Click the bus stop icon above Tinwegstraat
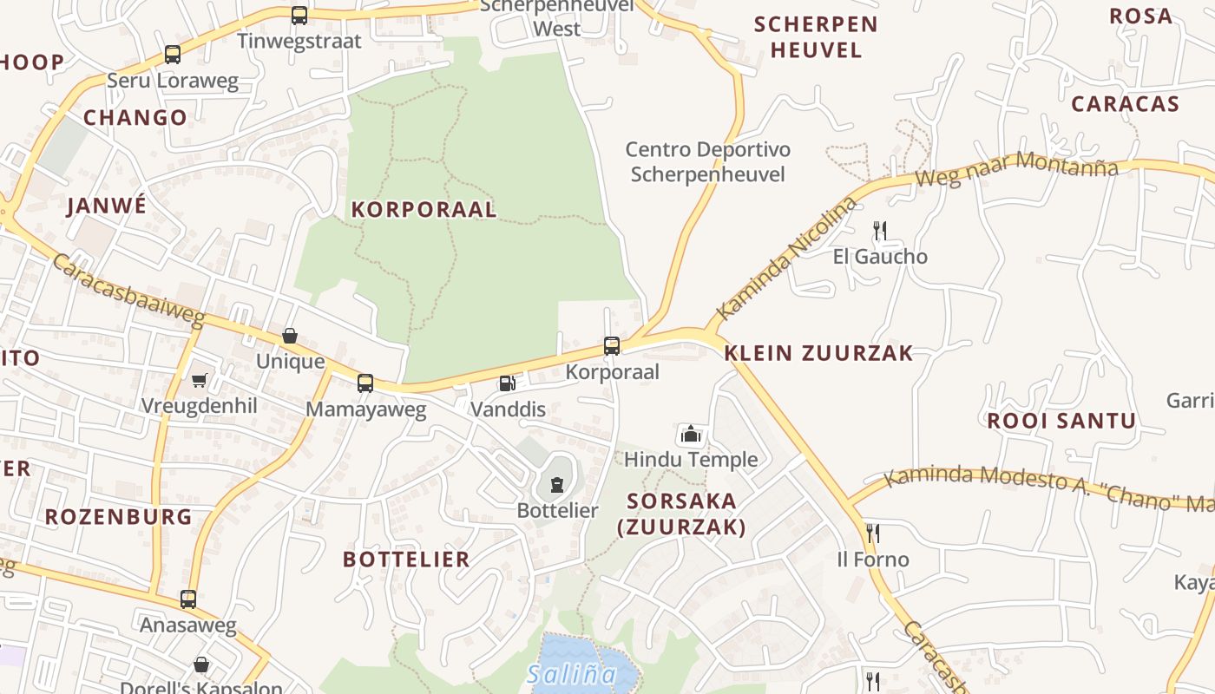point(299,15)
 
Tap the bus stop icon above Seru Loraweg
point(173,55)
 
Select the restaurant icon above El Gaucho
point(880,230)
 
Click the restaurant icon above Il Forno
point(872,533)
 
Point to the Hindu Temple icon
point(690,433)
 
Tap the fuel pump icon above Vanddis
point(507,383)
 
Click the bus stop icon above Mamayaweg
point(365,383)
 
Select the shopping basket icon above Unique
point(290,336)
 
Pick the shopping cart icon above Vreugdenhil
point(200,380)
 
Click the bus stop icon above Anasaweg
point(188,599)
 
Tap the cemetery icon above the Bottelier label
point(557,484)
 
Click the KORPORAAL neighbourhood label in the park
point(424,209)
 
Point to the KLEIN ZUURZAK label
point(818,352)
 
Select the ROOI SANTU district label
point(1061,421)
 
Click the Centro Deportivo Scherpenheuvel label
point(707,162)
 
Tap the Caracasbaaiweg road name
point(128,291)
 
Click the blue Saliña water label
point(571,673)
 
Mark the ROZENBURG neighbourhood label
point(118,517)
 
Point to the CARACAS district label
point(1125,104)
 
